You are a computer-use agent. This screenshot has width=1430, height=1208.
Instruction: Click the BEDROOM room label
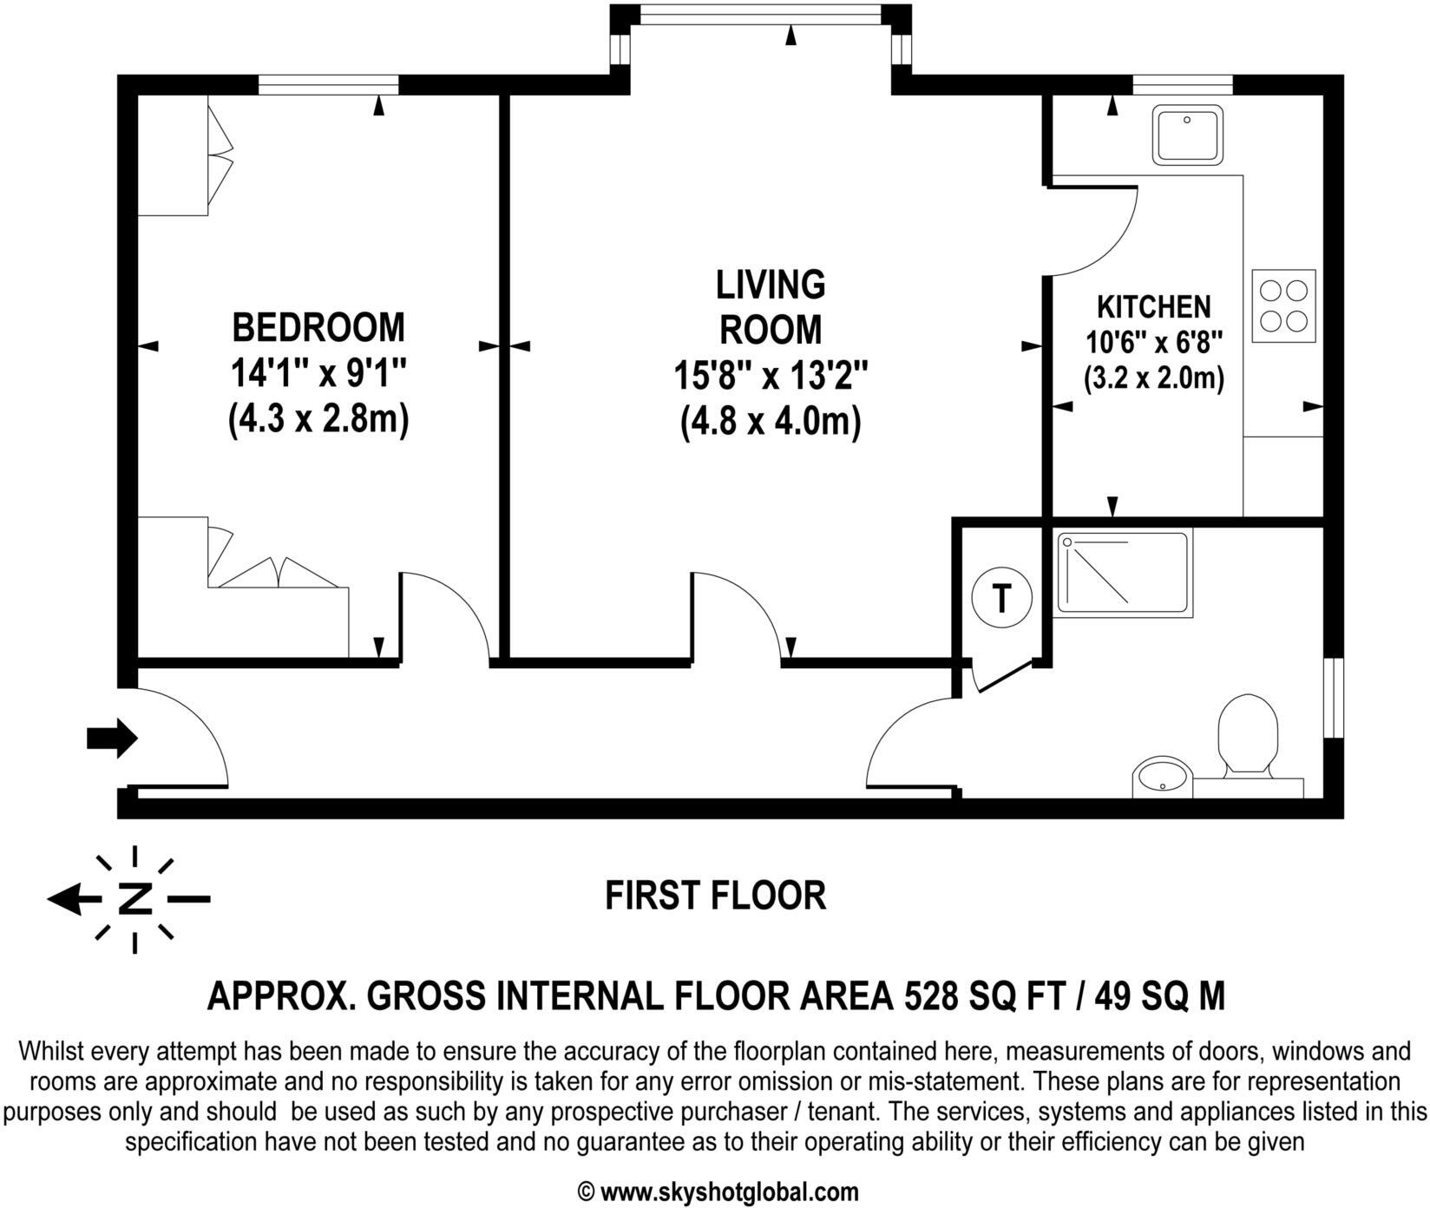(318, 328)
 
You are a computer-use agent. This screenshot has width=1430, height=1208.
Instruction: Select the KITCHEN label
(1153, 306)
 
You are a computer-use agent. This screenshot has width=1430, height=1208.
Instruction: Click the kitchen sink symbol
(1187, 135)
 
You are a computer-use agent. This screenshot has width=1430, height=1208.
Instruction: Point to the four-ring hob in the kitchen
(1283, 305)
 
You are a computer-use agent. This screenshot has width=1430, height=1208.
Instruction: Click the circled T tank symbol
(1001, 598)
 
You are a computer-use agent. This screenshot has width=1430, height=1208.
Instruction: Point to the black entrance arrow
(112, 739)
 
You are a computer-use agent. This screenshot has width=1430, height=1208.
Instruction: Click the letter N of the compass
(134, 899)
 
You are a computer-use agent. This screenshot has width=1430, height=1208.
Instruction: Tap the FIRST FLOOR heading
(714, 896)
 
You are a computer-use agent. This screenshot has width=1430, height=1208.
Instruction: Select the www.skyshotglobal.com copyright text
(718, 1192)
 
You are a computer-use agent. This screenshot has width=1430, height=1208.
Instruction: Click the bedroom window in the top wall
(328, 84)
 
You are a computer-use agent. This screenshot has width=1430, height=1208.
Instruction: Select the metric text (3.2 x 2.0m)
(1153, 379)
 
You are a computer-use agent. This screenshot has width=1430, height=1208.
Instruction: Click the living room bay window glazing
(760, 16)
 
